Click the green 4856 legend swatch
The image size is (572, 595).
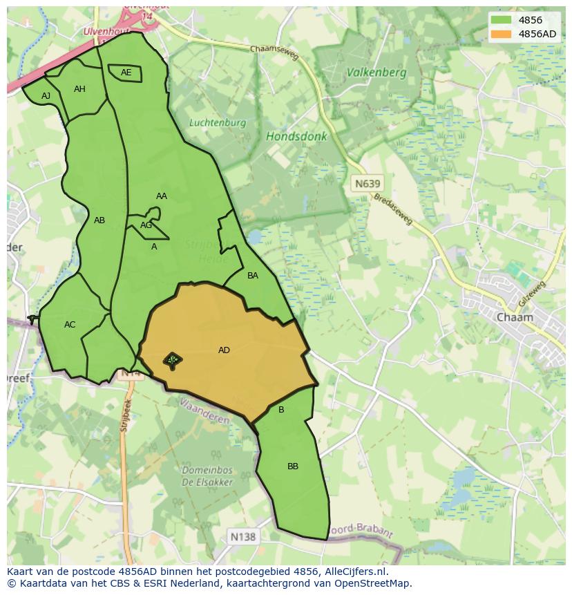point(502,20)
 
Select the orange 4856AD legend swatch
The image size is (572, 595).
point(502,34)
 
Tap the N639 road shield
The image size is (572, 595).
point(366,184)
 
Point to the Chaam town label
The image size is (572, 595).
point(515,317)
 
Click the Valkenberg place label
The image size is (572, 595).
point(376,72)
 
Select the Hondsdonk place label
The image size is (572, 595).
point(296,136)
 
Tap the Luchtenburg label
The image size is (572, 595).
point(218,123)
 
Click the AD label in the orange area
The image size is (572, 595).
point(224,350)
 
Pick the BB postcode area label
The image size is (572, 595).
point(293,466)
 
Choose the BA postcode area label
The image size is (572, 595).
point(253,276)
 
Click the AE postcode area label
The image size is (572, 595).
point(126,73)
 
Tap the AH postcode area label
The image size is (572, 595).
point(79,89)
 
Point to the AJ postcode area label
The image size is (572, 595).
point(46,96)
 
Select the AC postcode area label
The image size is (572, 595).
point(70,325)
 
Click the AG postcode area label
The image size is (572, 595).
point(146,225)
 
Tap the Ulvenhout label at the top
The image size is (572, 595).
point(107,32)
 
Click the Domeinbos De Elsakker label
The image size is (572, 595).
point(207,476)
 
